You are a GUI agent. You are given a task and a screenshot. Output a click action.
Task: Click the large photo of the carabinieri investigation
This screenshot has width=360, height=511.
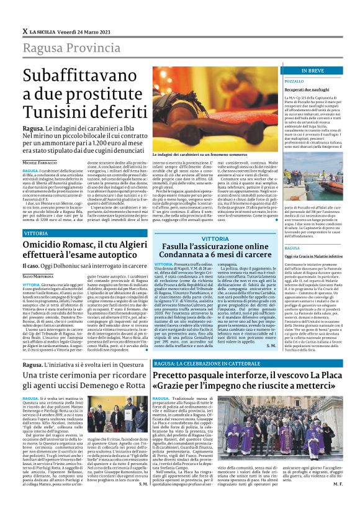pos(205,106)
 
